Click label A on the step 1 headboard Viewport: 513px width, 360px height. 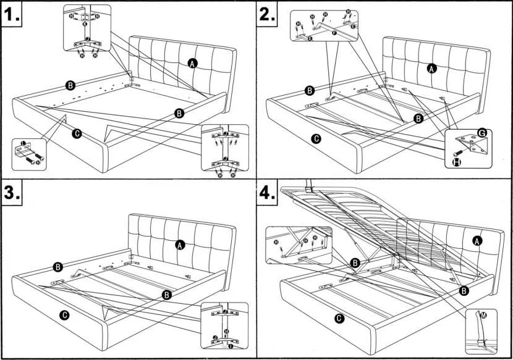(x=193, y=63)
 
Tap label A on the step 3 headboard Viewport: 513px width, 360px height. (x=180, y=245)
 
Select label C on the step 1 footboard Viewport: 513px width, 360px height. (x=77, y=133)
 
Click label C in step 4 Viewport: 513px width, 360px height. (x=339, y=319)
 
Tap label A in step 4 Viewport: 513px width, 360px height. (x=477, y=240)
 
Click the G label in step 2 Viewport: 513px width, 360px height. (x=481, y=133)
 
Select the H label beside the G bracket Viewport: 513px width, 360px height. (x=457, y=162)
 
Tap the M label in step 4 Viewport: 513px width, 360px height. (x=483, y=316)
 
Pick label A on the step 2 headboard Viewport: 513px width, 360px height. (x=432, y=69)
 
